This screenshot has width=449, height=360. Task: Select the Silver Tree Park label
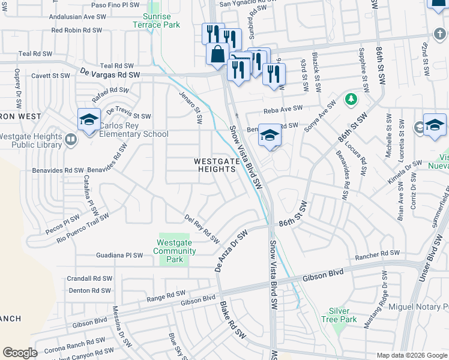pyautogui.click(x=343, y=315)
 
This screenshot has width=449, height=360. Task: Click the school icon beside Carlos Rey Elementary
pyautogui.click(x=89, y=119)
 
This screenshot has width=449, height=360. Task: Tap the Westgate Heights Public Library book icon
pyautogui.click(x=71, y=140)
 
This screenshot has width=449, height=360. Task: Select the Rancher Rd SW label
pyautogui.click(x=376, y=253)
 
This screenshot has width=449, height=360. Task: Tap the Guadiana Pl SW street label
pyautogui.click(x=119, y=255)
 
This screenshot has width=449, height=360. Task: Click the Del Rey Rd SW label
pyautogui.click(x=202, y=229)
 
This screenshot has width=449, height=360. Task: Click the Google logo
pyautogui.click(x=20, y=352)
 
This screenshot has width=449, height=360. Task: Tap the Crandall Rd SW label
pyautogui.click(x=90, y=278)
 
